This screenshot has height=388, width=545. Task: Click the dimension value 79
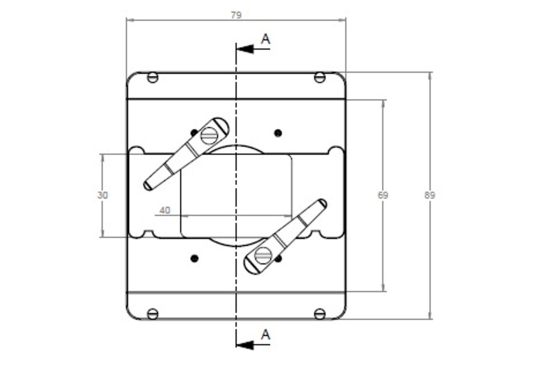pyautogui.click(x=236, y=15)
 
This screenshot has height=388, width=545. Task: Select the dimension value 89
pyautogui.click(x=430, y=195)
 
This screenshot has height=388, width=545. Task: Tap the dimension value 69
pyautogui.click(x=383, y=195)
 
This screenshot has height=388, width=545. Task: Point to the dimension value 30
pyautogui.click(x=103, y=195)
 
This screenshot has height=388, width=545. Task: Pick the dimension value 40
pyautogui.click(x=165, y=210)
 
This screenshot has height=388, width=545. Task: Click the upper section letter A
pyautogui.click(x=265, y=39)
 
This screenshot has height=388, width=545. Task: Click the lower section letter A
pyautogui.click(x=265, y=335)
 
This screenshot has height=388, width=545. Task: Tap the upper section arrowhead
pyautogui.click(x=245, y=49)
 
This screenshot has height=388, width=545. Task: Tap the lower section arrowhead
pyautogui.click(x=245, y=345)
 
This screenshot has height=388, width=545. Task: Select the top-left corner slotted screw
pyautogui.click(x=153, y=77)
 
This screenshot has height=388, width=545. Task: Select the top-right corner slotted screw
pyautogui.click(x=320, y=77)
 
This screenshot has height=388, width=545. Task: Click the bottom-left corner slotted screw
pyautogui.click(x=153, y=314)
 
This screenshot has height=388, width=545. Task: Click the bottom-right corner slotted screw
pyautogui.click(x=320, y=314)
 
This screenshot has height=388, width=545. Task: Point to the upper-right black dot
pyautogui.click(x=278, y=133)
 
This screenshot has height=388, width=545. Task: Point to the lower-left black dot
pyautogui.click(x=194, y=258)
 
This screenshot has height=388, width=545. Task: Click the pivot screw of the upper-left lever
pyautogui.click(x=209, y=136)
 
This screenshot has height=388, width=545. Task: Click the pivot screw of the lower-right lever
pyautogui.click(x=263, y=256)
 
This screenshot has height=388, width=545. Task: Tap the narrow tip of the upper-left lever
pyautogui.click(x=147, y=186)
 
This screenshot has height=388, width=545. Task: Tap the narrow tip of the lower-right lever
pyautogui.click(x=323, y=203)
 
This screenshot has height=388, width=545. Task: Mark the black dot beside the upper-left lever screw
pyautogui.click(x=194, y=133)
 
